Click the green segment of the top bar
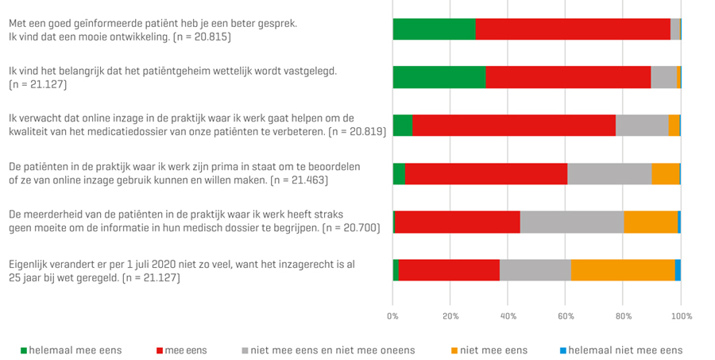coord(434,29)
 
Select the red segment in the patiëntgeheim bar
coord(568,77)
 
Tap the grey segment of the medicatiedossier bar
coord(642,125)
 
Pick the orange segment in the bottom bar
coord(623,270)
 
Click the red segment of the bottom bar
coord(449,270)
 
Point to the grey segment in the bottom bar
coord(535,270)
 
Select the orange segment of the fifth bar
coord(651,222)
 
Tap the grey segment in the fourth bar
coord(609,173)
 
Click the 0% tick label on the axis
coord(392,316)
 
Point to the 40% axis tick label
coord(508,316)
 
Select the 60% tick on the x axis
coord(566,316)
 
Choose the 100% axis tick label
coord(681,316)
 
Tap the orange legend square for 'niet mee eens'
coord(454,350)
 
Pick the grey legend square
coord(245,350)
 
